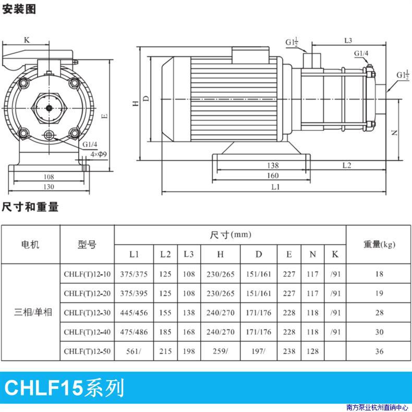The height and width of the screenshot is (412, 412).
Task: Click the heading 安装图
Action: click(19, 9)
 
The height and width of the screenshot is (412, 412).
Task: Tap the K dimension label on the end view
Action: click(27, 40)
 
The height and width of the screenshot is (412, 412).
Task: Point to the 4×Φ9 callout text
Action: click(99, 154)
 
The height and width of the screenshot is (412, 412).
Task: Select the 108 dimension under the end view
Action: click(49, 177)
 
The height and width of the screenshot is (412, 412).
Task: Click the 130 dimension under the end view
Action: click(49, 187)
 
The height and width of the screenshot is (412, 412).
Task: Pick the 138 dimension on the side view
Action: click(273, 165)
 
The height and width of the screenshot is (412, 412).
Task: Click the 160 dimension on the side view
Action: click(273, 176)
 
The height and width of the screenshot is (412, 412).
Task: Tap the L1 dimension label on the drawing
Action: click(275, 187)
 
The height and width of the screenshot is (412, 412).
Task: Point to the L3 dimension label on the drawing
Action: click(348, 41)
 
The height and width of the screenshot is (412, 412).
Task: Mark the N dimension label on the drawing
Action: click(394, 132)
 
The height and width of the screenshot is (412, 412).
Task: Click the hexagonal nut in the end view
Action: click(49, 108)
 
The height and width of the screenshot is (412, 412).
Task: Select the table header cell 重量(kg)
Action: click(379, 245)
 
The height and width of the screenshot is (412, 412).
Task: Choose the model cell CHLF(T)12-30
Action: click(87, 313)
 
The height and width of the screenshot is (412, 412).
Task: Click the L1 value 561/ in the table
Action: click(134, 352)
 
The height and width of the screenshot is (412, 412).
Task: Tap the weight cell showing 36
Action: click(379, 352)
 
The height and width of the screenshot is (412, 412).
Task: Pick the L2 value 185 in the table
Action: click(165, 332)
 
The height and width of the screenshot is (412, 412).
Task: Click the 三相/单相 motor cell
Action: click(33, 312)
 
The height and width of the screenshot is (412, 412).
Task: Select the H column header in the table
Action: click(220, 254)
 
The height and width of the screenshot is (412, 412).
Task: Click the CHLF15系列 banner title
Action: click(64, 388)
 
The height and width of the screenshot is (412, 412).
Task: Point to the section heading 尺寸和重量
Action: click(30, 207)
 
